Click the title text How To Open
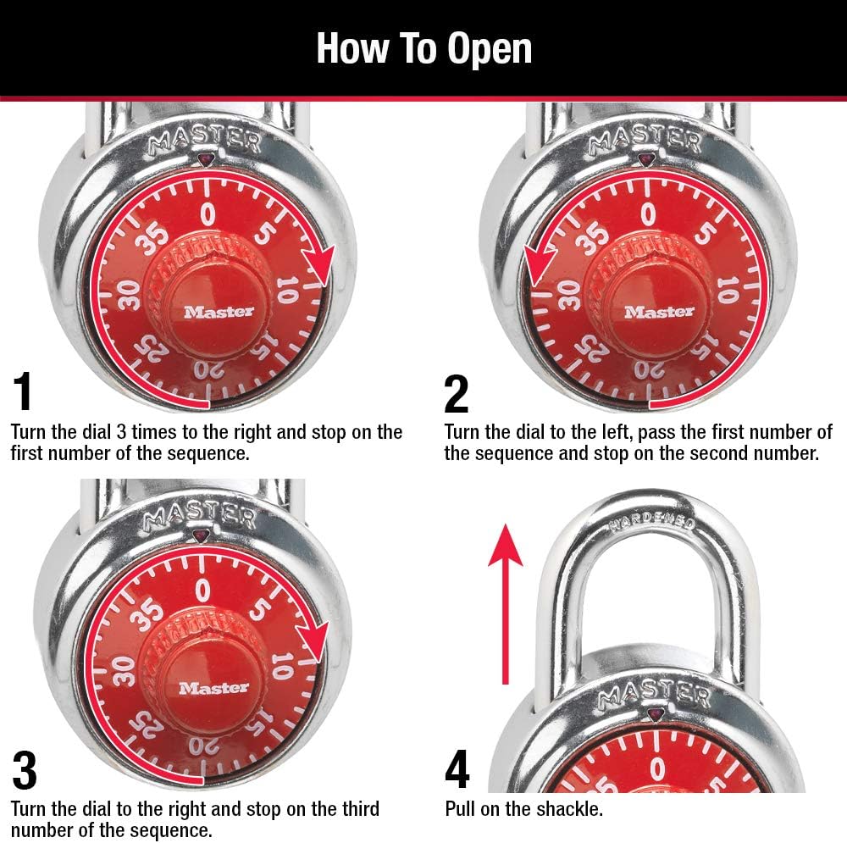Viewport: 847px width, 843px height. (x=423, y=48)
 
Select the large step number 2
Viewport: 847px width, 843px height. (x=456, y=393)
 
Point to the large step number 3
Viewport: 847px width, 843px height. (x=25, y=770)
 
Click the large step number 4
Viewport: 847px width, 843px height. (x=457, y=770)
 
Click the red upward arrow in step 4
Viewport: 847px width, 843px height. (x=506, y=602)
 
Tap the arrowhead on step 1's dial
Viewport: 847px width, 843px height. (x=321, y=266)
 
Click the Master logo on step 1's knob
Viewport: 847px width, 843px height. (x=219, y=312)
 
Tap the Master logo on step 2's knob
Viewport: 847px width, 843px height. (x=658, y=312)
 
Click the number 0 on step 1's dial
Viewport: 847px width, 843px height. (x=208, y=214)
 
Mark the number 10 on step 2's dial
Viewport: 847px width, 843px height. (x=726, y=292)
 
